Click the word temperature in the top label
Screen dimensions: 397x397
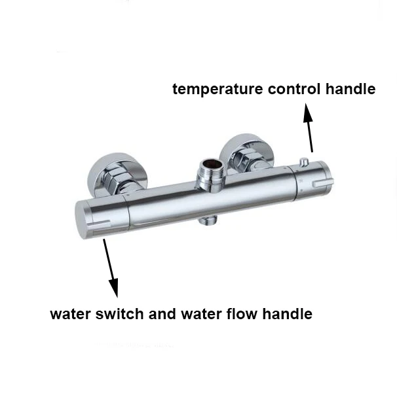pos(212,89)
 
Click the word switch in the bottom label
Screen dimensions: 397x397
pos(119,315)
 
